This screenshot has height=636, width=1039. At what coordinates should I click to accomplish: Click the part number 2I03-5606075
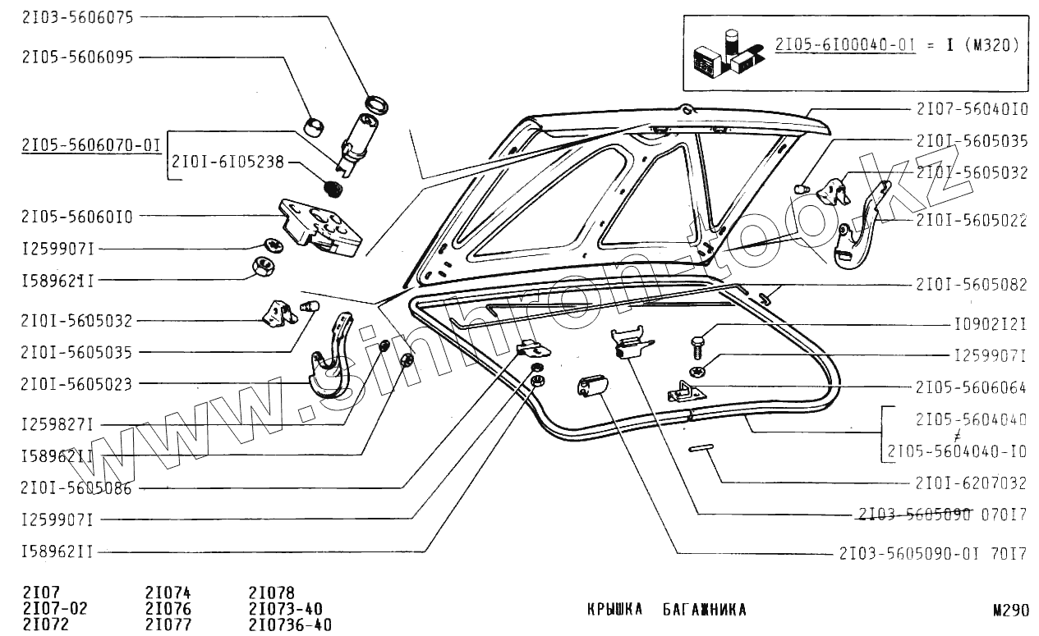pyautogui.click(x=77, y=16)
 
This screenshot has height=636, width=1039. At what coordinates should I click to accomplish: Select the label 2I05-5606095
pyautogui.click(x=77, y=57)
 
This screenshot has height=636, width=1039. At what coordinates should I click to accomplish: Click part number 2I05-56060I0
pyautogui.click(x=77, y=217)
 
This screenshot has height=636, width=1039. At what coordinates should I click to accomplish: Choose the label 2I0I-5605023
pyautogui.click(x=77, y=383)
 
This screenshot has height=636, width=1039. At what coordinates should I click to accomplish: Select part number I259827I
pyautogui.click(x=57, y=424)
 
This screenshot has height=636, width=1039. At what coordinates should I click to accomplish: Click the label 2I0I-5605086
pyautogui.click(x=77, y=488)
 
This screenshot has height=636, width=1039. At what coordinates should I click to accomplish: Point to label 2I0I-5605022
pyautogui.click(x=972, y=221)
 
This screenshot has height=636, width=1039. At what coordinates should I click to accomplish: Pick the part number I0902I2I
pyautogui.click(x=989, y=324)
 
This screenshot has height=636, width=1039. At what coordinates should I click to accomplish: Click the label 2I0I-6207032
pyautogui.click(x=972, y=483)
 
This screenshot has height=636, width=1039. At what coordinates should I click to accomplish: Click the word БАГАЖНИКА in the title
pyautogui.click(x=704, y=610)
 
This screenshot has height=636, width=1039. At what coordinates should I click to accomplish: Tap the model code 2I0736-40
pyautogui.click(x=289, y=625)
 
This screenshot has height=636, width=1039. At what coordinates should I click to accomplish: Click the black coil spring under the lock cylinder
pyautogui.click(x=333, y=190)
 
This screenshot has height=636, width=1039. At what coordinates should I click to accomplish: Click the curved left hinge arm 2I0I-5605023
pyautogui.click(x=329, y=365)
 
